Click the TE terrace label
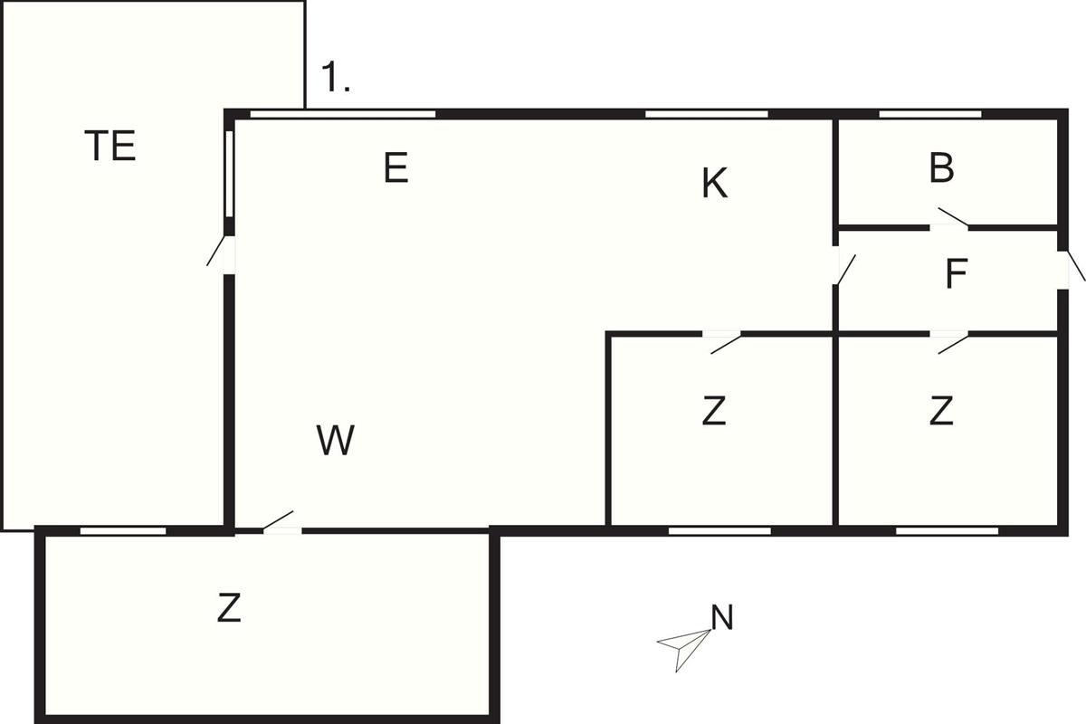[x=110, y=147]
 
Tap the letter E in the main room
[x=395, y=168]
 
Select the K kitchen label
[x=714, y=185]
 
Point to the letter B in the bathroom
[x=941, y=169]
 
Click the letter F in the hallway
[x=956, y=275]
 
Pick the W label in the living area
[x=336, y=441]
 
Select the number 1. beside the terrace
[x=336, y=80]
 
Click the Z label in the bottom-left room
[x=229, y=609]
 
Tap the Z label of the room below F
[x=941, y=413]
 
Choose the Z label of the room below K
[x=714, y=413]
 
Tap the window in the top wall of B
[x=929, y=114]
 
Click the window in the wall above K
[x=706, y=114]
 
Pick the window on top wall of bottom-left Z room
[x=123, y=530]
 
